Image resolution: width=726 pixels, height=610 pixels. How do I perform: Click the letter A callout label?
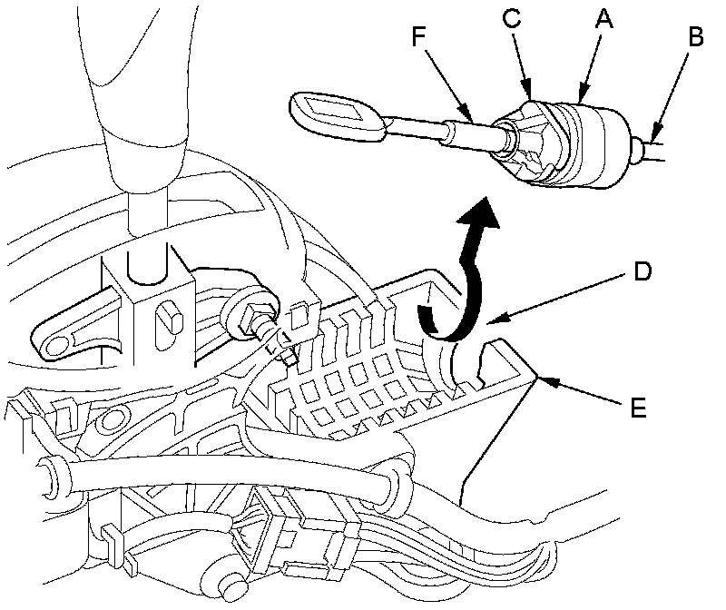(x=600, y=15)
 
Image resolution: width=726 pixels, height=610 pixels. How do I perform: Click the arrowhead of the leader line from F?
(x=473, y=119)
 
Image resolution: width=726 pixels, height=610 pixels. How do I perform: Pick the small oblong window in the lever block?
(x=166, y=319)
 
